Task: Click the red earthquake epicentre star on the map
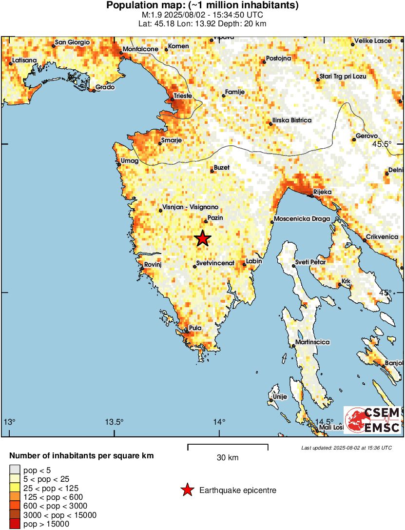tap(203, 238)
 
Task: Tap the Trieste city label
tap(183, 96)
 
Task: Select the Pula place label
tap(195, 328)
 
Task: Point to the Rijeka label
tap(322, 192)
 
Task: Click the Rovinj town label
tap(153, 264)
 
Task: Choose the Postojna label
tap(279, 59)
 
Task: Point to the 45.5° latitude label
tap(382, 144)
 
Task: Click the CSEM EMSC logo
tap(373, 420)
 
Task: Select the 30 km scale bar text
tap(228, 458)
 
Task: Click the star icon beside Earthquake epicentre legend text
tap(187, 491)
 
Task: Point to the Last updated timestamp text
tap(346, 448)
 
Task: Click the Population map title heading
tap(202, 5)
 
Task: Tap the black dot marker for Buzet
tap(212, 171)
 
